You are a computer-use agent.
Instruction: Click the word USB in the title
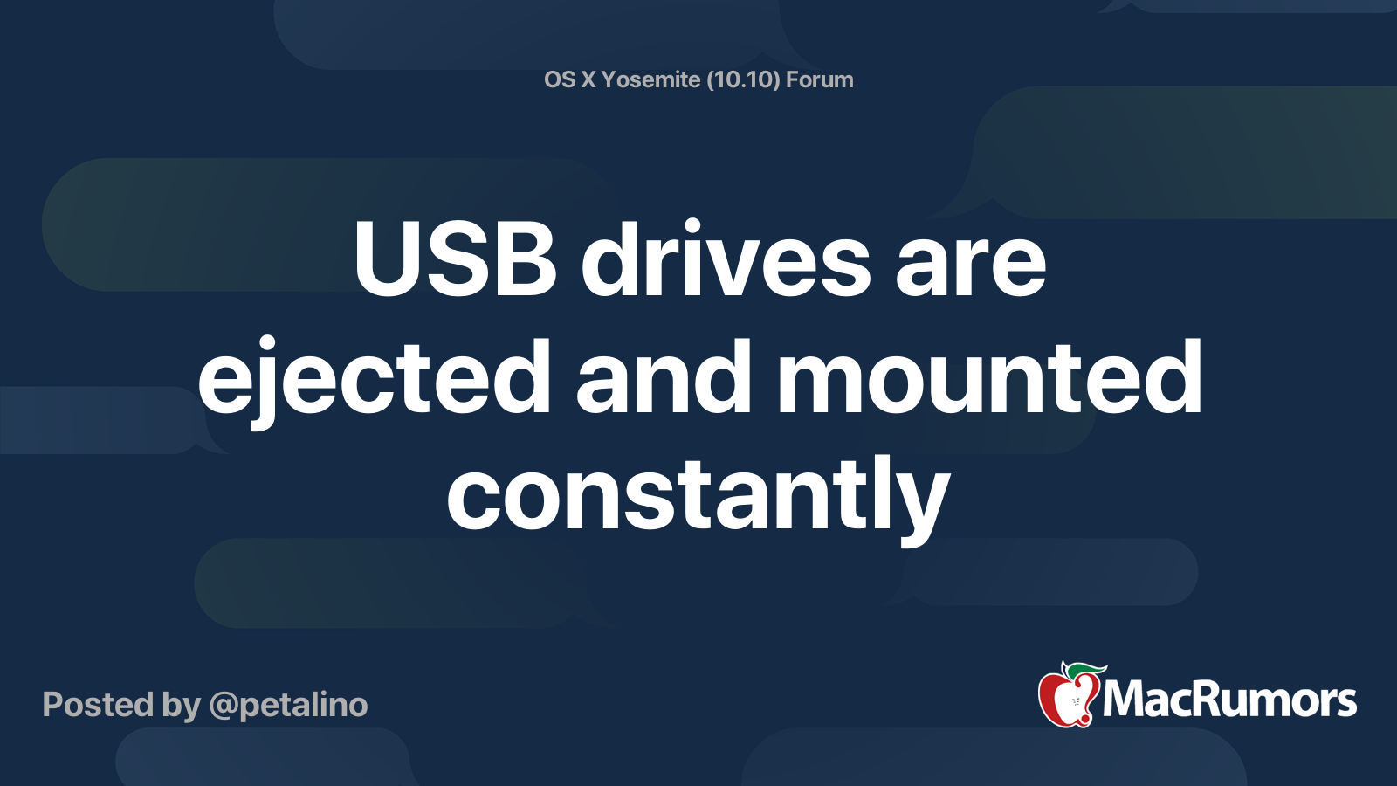point(454,260)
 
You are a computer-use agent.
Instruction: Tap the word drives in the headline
point(726,260)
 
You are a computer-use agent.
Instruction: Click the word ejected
point(375,377)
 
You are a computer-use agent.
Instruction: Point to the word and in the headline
point(664,377)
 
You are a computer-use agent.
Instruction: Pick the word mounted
point(989,377)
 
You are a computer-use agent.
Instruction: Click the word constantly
point(698,495)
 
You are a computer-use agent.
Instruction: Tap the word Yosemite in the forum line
point(650,79)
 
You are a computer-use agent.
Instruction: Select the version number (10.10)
point(743,79)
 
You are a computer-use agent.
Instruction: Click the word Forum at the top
point(819,79)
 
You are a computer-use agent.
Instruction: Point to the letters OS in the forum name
point(560,79)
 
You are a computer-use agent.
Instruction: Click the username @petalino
point(288,705)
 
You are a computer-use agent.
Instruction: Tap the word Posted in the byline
point(98,705)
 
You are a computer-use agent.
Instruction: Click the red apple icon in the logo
point(1066,700)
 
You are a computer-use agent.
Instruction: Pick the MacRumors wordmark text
point(1229,700)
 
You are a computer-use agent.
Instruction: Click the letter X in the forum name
point(588,79)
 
